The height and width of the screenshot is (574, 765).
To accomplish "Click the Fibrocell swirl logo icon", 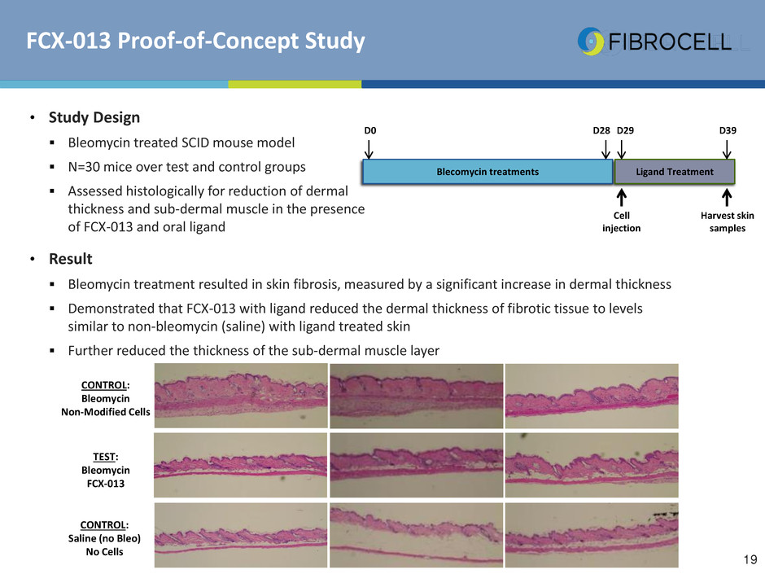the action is tap(590, 42).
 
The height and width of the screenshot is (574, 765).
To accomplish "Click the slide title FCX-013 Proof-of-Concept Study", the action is tap(195, 41).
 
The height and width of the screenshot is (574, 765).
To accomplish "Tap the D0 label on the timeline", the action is tap(370, 130).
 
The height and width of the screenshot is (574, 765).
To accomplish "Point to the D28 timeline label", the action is tap(601, 130).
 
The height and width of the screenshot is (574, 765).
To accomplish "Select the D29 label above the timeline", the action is tap(625, 130).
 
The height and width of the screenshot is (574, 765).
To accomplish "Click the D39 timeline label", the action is tap(728, 130).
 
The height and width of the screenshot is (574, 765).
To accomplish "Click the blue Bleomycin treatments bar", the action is tap(487, 172).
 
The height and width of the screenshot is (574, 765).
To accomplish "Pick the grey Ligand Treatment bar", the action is tap(674, 172).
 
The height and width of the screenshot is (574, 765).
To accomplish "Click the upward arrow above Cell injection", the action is tap(622, 198).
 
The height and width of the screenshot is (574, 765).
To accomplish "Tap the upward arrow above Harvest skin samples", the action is tap(727, 198).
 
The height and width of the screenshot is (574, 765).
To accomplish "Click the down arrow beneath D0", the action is tap(369, 149).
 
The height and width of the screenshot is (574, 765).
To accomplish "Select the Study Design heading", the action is tap(94, 117).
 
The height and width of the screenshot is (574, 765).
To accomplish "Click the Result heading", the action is tap(70, 259).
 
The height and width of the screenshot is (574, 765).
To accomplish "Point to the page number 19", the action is tap(750, 559).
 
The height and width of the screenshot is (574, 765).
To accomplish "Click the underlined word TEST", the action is tap(104, 457).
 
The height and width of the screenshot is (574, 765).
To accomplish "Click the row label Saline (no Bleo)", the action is tap(104, 538).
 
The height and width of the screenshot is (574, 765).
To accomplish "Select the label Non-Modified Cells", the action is tap(105, 412).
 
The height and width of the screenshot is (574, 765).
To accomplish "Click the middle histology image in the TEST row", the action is tap(416, 465).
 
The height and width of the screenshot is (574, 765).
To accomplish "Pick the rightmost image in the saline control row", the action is tap(592, 535).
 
